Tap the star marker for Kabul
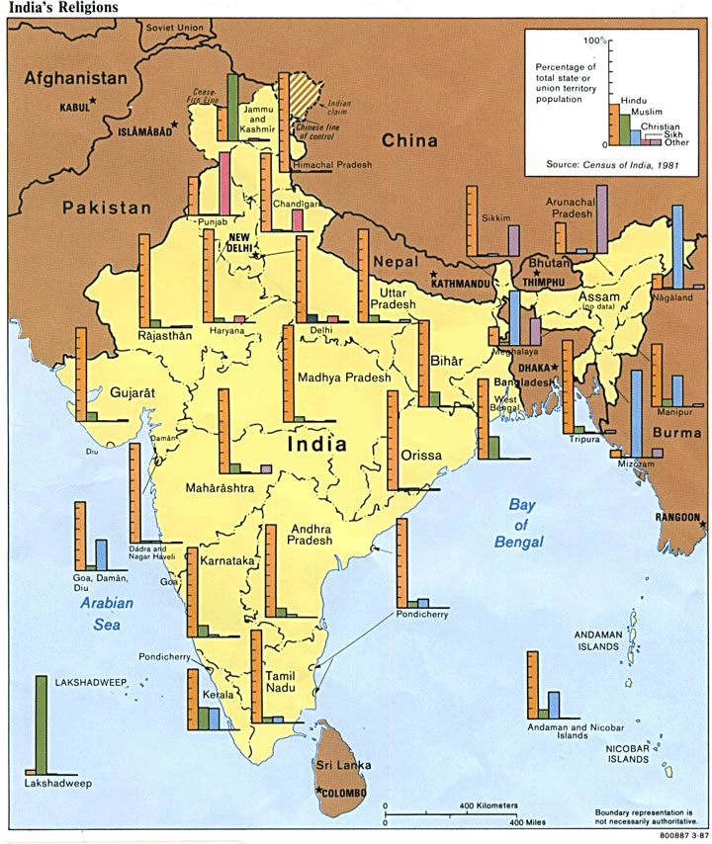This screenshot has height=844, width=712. click(93, 101)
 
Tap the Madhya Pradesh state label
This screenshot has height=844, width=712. click(343, 378)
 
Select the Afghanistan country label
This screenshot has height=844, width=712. click(77, 78)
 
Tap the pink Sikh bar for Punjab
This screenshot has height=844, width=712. click(225, 181)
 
